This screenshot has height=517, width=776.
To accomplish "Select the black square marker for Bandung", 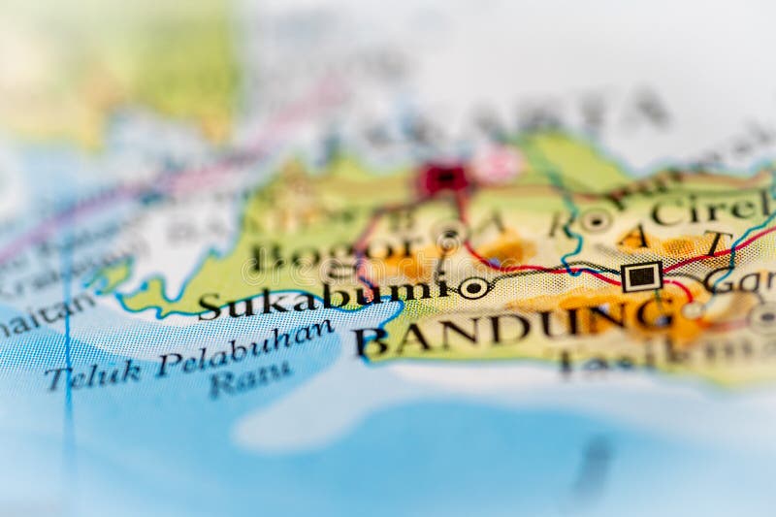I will [641, 276].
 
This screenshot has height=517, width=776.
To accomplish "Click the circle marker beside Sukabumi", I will [474, 287].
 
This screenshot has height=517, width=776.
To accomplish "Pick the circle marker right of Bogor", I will [449, 235].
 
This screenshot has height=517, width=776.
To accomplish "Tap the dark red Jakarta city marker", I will [443, 178].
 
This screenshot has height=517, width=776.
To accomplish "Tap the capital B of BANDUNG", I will [370, 341].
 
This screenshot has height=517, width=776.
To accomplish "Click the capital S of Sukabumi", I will [209, 307].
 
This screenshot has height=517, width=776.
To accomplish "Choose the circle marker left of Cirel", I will [595, 220].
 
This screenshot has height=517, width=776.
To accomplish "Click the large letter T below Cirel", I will [718, 242].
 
